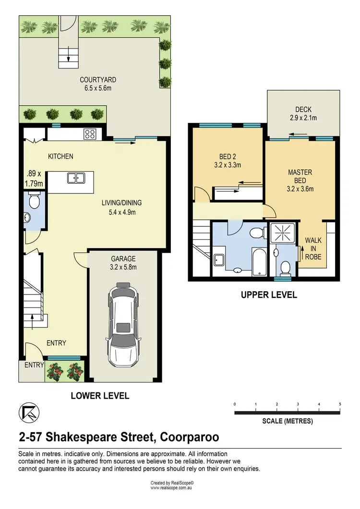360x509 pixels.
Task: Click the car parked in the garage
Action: (123, 325)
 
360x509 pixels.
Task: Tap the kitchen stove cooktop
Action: (90, 134)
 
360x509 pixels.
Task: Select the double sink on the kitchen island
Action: (76, 178)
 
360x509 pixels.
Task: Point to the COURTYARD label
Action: (98, 80)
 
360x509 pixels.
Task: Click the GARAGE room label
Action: (123, 259)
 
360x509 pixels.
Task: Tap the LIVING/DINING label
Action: (122, 203)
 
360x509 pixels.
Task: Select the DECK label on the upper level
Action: (303, 110)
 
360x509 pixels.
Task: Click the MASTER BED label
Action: (300, 176)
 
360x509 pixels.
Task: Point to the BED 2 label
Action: (228, 156)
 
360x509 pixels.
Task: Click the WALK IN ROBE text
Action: (313, 249)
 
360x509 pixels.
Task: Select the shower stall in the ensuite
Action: (283, 232)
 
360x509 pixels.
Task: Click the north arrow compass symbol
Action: (29, 413)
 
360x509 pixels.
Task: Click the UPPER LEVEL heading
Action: (269, 295)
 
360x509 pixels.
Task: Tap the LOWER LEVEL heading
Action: (100, 396)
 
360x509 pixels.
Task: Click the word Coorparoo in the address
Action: (190, 437)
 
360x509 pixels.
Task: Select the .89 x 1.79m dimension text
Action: (34, 178)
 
